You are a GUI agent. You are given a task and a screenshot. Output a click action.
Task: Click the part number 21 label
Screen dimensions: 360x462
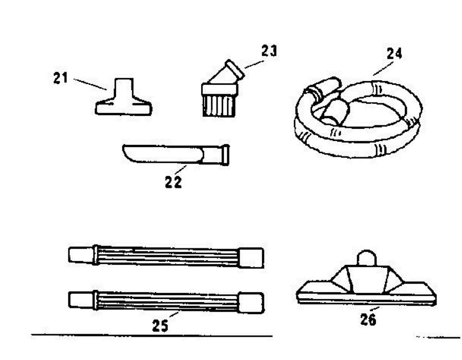[60, 79]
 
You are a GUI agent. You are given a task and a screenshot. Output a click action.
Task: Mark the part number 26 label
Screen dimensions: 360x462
[368, 319]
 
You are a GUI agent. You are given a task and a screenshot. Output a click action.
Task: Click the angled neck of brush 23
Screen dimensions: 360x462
[227, 73]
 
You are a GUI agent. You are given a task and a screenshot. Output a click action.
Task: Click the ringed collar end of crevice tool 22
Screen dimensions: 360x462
[224, 155]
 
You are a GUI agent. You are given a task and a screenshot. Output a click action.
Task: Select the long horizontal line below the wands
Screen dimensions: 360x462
[152, 335]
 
